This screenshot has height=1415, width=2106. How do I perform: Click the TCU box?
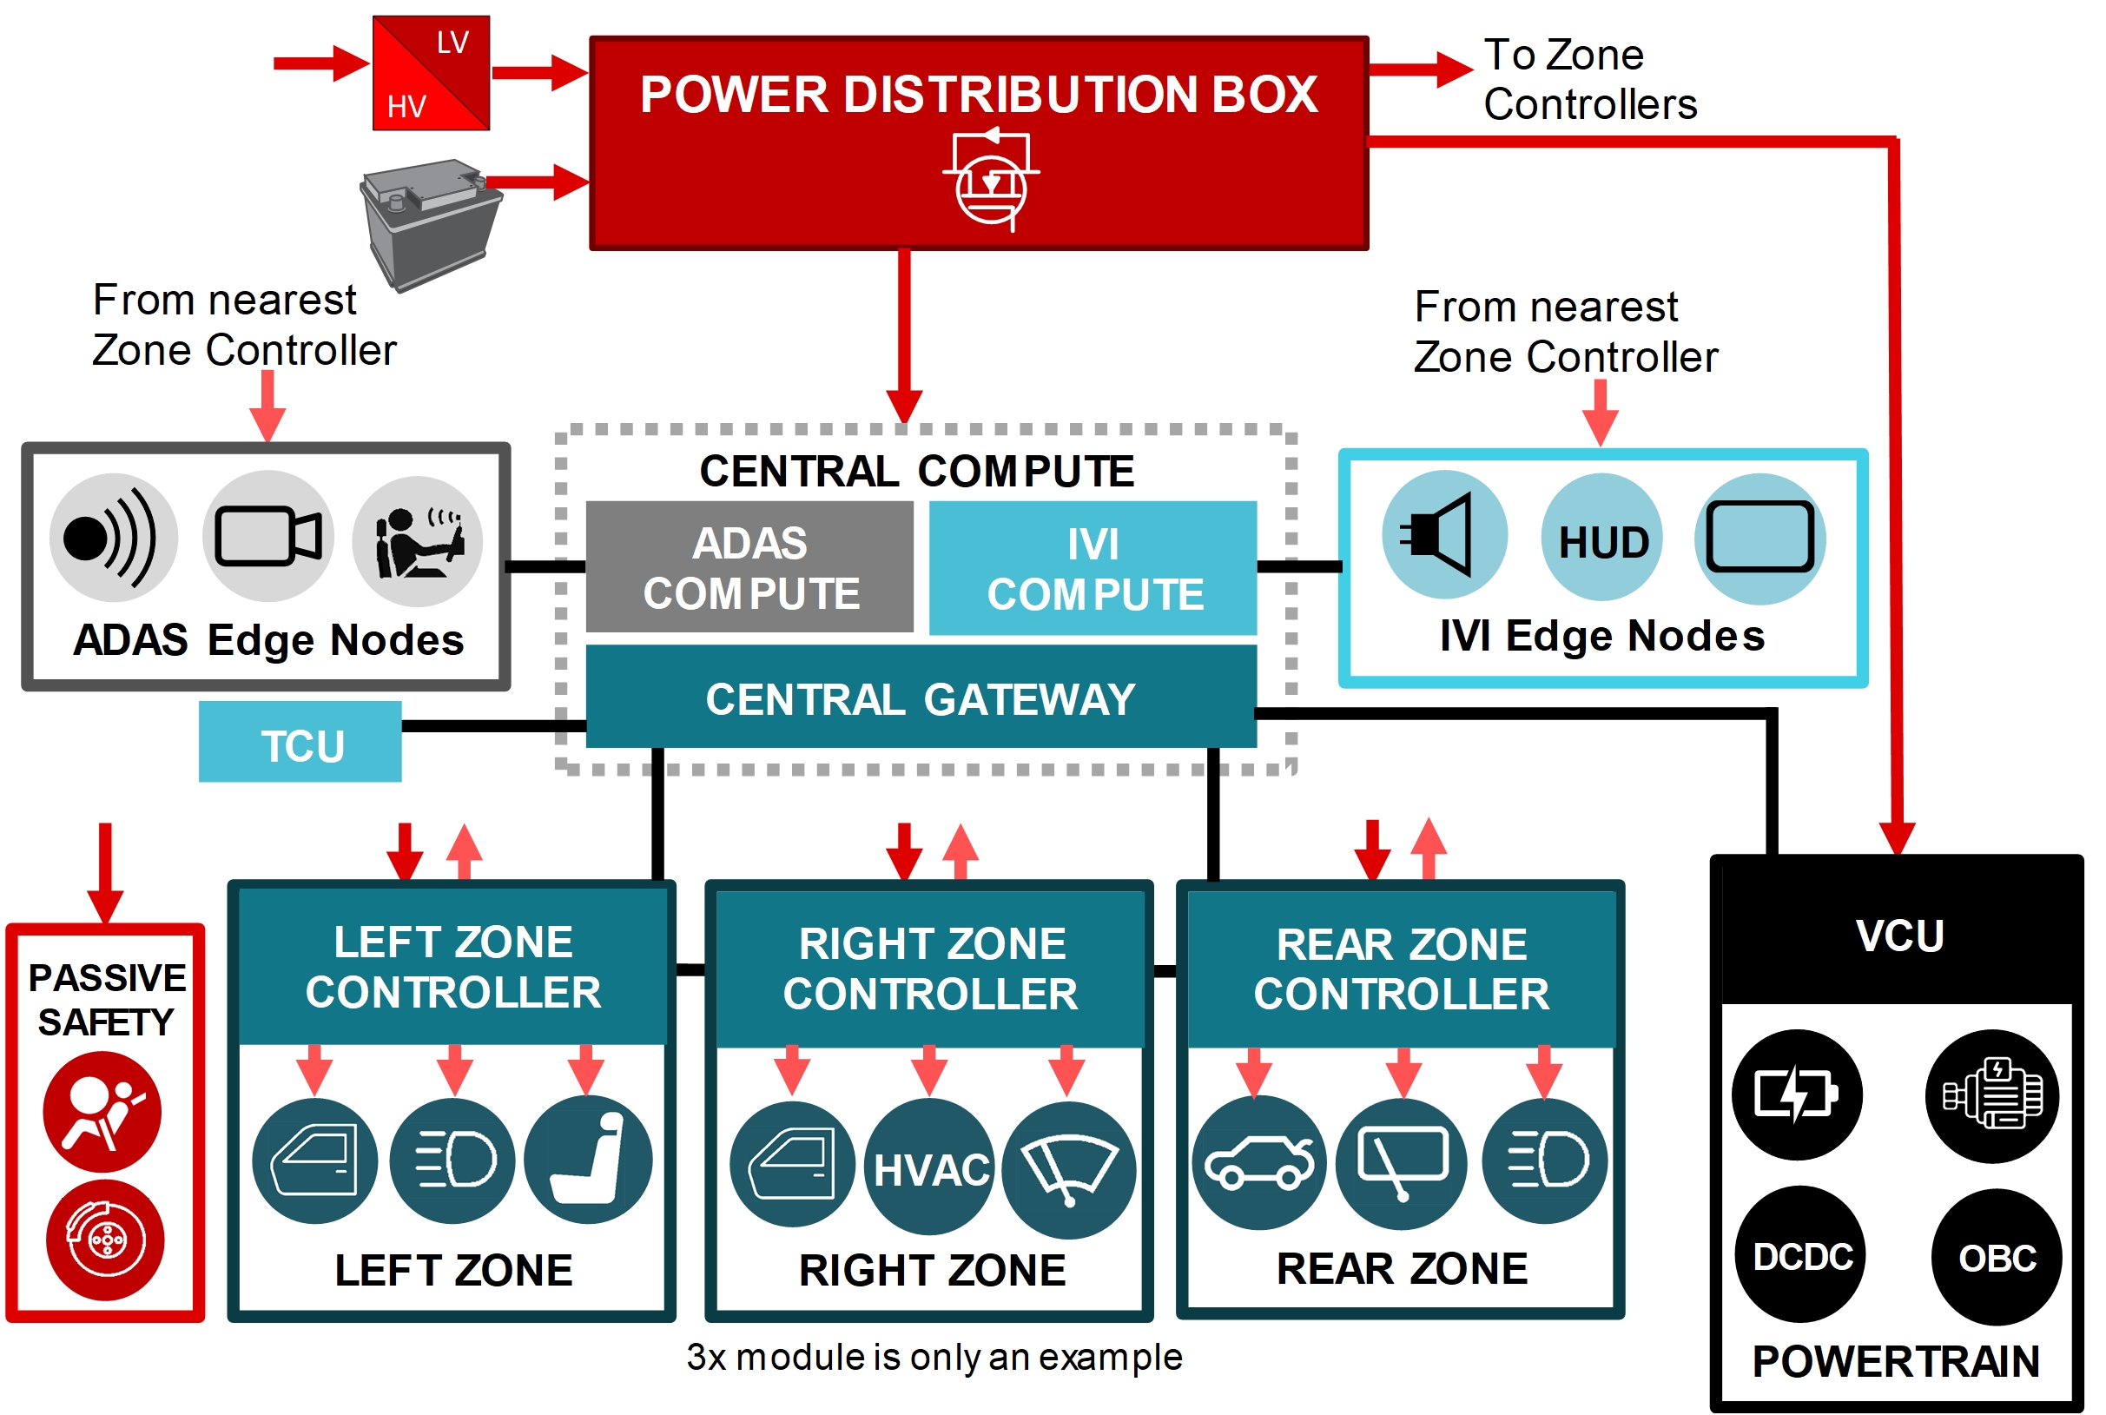[300, 743]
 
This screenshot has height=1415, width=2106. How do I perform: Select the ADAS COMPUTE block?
[749, 567]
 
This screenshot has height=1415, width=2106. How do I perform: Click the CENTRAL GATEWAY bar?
[921, 698]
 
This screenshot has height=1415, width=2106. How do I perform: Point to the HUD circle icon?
[1601, 539]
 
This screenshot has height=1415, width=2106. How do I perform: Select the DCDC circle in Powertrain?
[1800, 1255]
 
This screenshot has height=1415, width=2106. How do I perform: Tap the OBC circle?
[1995, 1257]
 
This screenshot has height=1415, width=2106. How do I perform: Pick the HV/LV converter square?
[432, 73]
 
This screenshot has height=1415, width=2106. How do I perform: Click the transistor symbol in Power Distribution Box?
[990, 179]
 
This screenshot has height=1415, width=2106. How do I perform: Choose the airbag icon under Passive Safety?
[102, 1112]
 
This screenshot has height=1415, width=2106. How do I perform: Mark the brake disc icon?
[106, 1240]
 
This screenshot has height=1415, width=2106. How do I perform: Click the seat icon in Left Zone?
[587, 1160]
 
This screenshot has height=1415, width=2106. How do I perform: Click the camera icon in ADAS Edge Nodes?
[268, 536]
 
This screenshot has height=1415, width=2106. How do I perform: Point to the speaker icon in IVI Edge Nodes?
[1443, 535]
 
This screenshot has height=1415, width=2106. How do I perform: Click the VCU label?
[1898, 935]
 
